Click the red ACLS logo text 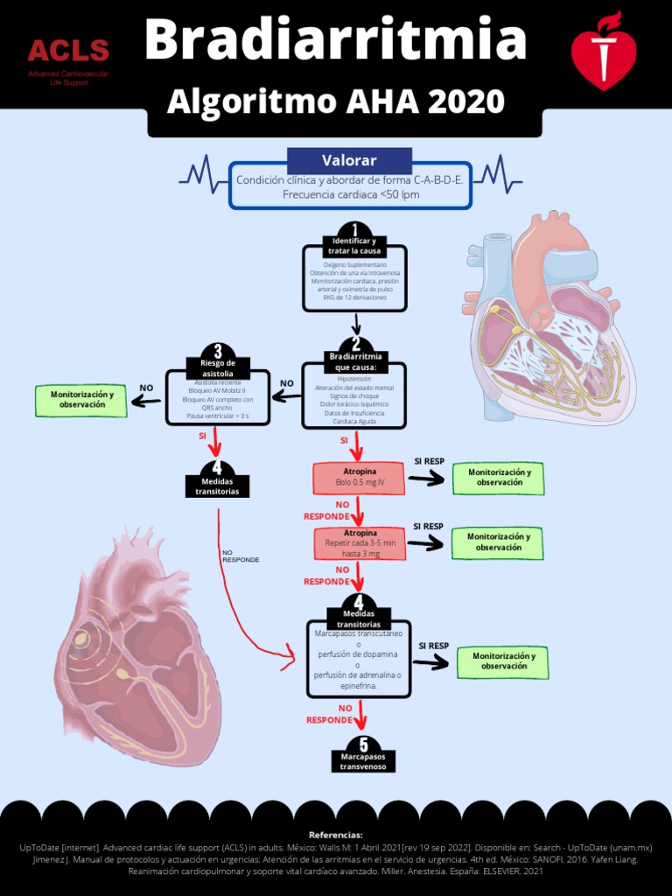(x=68, y=51)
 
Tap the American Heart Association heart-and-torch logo (x=604, y=51)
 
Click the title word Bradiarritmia (x=335, y=40)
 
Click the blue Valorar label (x=349, y=160)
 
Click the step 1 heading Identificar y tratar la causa (x=354, y=246)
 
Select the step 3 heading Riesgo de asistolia (x=218, y=368)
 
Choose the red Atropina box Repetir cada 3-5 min (x=360, y=543)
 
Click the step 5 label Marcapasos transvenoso (x=363, y=761)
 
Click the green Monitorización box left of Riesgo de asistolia (x=82, y=400)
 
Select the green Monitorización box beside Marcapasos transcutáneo (x=503, y=661)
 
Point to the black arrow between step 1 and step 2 (x=355, y=324)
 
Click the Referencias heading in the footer (x=336, y=835)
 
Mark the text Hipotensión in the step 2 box (x=354, y=379)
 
